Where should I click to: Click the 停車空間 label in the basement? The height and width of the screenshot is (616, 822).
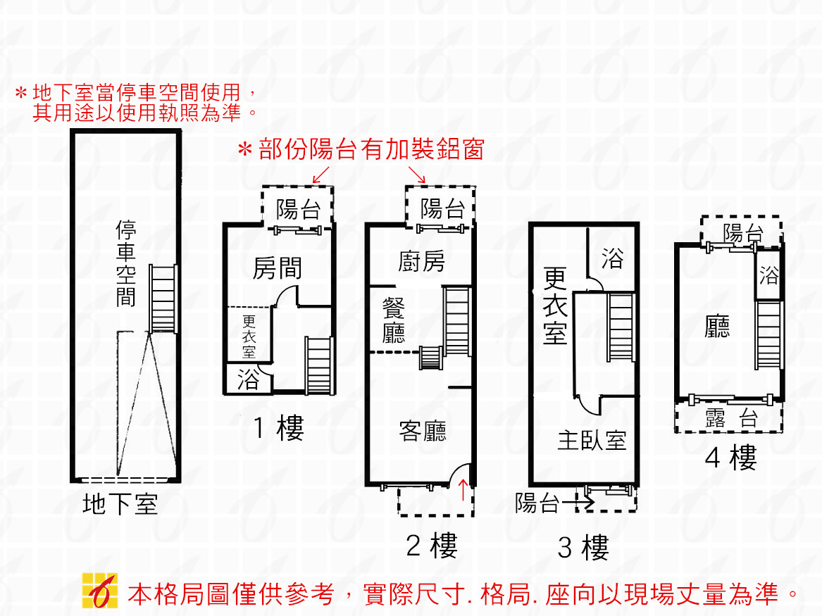(x=126, y=263)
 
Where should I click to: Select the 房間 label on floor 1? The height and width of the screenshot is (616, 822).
(x=277, y=268)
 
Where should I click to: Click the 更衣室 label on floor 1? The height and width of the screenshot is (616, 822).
(x=249, y=336)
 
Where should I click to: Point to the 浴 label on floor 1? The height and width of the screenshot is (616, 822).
(x=248, y=380)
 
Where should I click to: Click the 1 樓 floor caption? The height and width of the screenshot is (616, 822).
(x=278, y=428)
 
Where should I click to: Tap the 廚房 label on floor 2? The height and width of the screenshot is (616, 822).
(x=421, y=261)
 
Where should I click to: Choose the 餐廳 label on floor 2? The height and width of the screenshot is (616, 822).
(x=394, y=320)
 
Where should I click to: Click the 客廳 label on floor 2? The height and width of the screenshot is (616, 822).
(x=423, y=430)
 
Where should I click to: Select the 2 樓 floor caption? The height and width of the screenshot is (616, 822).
(x=432, y=545)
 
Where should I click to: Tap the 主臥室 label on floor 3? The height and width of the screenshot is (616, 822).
(x=592, y=441)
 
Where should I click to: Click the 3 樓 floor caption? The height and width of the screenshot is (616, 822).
(x=583, y=547)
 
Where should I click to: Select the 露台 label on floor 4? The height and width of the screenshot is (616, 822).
(x=730, y=420)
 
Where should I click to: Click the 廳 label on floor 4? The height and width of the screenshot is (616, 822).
(x=717, y=326)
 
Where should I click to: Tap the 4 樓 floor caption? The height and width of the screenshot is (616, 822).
(x=730, y=459)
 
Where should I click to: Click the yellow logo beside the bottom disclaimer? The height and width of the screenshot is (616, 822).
(x=99, y=590)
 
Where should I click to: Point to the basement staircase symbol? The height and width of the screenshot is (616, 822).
(x=163, y=299)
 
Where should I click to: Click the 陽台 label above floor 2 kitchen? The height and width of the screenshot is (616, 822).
(x=442, y=208)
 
